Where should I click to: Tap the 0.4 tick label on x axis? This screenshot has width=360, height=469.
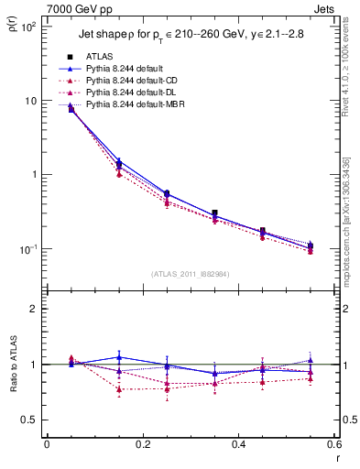coord(237,445)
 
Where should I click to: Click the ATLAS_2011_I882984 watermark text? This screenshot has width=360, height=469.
coord(191,273)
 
